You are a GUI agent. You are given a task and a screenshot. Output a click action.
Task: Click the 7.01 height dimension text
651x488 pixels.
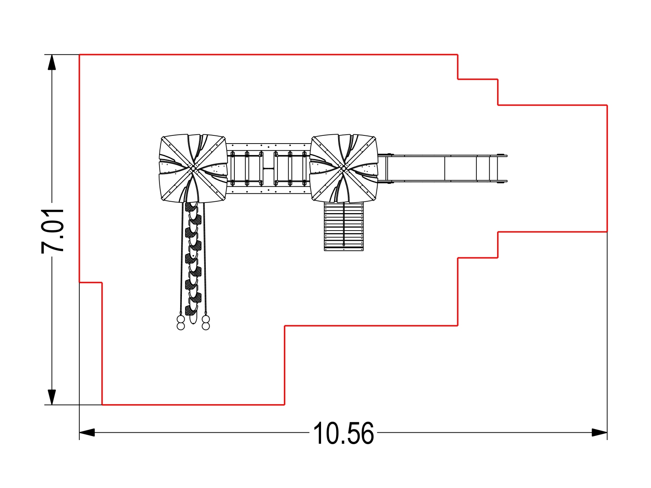coord(52,231)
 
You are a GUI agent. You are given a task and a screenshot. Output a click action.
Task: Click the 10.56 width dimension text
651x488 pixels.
coord(343,433)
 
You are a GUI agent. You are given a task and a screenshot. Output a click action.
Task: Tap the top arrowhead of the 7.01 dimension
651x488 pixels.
coord(52,62)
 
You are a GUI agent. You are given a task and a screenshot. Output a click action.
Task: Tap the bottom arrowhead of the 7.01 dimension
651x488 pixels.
coord(52,397)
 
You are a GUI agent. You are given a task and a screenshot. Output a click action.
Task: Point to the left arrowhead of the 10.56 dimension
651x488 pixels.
coord(87,433)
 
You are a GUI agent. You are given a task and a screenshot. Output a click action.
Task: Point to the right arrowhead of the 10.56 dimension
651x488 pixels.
coord(599,433)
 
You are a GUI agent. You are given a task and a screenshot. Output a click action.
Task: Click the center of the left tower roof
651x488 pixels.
coord(193,168)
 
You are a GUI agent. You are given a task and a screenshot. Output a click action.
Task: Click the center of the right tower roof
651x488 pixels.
coord(344,168)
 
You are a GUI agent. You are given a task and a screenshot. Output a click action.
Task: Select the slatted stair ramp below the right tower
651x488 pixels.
coord(344,227)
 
